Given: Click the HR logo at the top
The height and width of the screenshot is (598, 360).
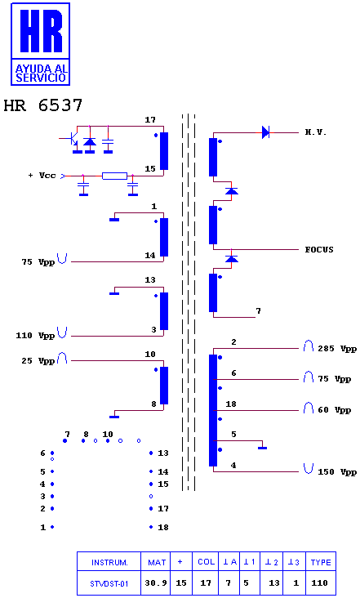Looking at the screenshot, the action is point(40,44).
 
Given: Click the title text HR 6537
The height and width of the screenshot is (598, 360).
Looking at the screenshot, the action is point(42,105).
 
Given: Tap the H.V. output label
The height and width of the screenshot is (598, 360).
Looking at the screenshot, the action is point(316,132).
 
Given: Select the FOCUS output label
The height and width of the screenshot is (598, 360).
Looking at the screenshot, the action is point(319,250).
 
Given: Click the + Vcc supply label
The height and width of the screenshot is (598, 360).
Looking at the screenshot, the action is point(42,176).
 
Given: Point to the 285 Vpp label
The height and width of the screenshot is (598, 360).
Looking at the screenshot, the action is point(337,349).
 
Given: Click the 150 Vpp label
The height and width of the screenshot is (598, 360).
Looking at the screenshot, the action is point(337,472).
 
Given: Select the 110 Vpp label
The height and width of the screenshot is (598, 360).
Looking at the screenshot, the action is point(35,336).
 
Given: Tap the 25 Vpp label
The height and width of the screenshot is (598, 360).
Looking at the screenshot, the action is point(38,361).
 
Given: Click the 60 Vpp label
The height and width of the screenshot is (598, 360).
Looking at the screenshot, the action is point(335,410).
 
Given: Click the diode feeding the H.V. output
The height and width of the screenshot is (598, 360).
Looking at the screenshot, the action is point(265,132).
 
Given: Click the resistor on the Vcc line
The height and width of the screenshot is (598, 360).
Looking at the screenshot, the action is point(114,176).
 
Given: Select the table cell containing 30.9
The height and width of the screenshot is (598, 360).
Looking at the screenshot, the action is point(156,583).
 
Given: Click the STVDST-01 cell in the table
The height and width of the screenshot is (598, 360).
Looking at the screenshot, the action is point(109,583).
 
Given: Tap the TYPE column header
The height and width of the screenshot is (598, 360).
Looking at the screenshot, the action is point(321,562).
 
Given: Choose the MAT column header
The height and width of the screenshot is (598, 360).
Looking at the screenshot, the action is point(157,562).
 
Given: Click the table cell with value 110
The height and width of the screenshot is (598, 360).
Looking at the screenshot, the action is point(320,583).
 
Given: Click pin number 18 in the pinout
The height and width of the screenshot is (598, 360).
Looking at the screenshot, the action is point(163,528).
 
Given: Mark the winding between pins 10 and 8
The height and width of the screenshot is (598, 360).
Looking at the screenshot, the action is point(164,386).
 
